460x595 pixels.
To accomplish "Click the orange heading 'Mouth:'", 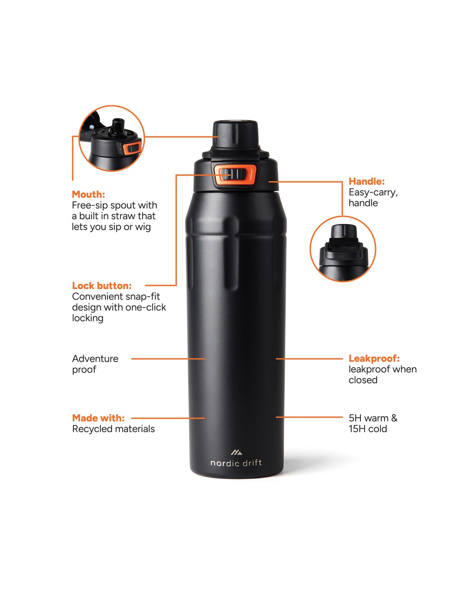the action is pyautogui.click(x=88, y=194).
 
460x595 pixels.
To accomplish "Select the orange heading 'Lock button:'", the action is pyautogui.click(x=102, y=285).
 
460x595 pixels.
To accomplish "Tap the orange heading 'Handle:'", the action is pyautogui.click(x=366, y=181).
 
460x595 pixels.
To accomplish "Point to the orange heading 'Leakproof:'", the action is pyautogui.click(x=374, y=358).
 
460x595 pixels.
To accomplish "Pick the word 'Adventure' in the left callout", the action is pyautogui.click(x=95, y=359).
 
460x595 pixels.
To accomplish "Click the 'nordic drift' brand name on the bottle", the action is pyautogui.click(x=236, y=463).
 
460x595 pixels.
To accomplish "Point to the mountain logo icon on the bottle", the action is pyautogui.click(x=236, y=452).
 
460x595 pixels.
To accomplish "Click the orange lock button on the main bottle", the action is pyautogui.click(x=235, y=174).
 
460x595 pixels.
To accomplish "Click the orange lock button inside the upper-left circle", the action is pyautogui.click(x=132, y=147).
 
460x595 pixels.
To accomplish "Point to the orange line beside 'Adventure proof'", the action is pyautogui.click(x=168, y=359).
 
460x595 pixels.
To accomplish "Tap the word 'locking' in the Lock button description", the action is pyautogui.click(x=87, y=318).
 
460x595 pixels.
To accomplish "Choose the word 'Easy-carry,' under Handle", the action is pyautogui.click(x=373, y=192).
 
